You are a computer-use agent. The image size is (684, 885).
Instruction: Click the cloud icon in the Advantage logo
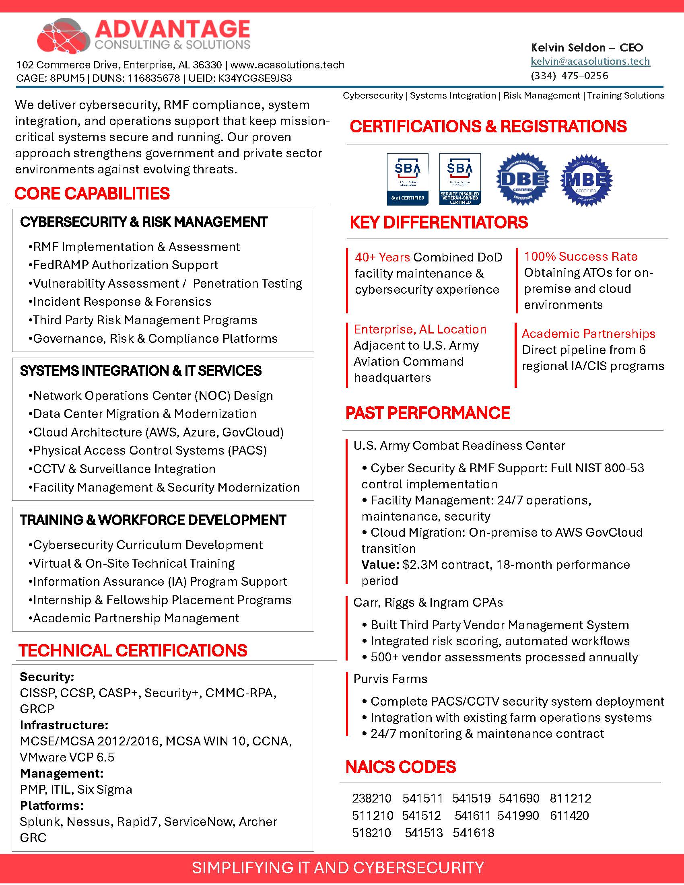click(x=64, y=37)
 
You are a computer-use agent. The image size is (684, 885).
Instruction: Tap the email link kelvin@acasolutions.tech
click(x=590, y=61)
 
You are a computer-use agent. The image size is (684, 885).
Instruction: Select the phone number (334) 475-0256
click(x=569, y=76)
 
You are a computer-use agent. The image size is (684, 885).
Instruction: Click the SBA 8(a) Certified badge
click(x=407, y=179)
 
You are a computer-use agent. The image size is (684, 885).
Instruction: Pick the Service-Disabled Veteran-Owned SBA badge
click(x=460, y=179)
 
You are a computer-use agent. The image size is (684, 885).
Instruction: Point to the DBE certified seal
click(x=523, y=179)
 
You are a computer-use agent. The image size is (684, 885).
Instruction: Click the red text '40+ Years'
click(x=382, y=257)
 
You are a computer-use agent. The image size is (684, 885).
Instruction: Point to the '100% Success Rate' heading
click(x=580, y=257)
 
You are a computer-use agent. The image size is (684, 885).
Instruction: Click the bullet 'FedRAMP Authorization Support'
click(x=125, y=265)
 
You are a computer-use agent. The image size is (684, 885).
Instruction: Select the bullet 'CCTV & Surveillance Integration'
click(x=124, y=469)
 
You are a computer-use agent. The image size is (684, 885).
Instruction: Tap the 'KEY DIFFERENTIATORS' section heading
click(x=439, y=222)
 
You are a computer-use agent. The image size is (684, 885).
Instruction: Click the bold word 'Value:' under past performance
click(x=380, y=564)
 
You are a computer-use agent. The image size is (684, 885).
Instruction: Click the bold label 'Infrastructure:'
click(x=64, y=725)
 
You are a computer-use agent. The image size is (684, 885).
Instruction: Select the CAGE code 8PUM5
click(x=67, y=78)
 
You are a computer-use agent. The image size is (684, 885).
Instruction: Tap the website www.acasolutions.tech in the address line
click(x=287, y=65)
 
